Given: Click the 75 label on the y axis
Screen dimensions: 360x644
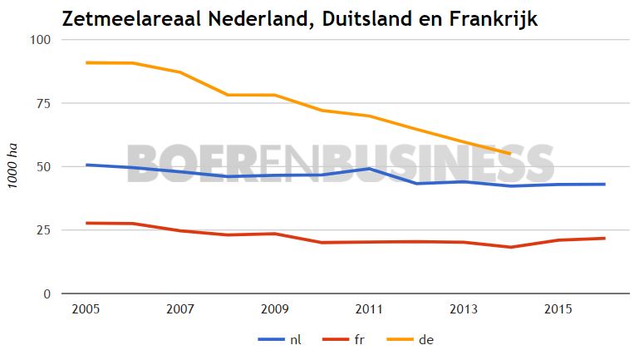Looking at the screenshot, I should (44, 103).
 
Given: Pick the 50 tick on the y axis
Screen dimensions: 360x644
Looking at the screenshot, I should (44, 166).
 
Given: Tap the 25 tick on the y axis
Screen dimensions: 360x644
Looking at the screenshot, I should (44, 230).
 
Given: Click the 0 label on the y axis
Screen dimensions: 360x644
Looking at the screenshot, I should (48, 293).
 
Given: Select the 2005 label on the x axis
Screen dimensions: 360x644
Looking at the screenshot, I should (86, 309).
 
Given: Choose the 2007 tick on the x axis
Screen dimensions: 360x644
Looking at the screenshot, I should (180, 309).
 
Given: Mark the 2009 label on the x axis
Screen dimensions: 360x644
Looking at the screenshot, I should (274, 309).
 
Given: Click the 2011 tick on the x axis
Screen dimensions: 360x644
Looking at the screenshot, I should (369, 309).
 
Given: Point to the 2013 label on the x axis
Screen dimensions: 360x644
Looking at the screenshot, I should (463, 309).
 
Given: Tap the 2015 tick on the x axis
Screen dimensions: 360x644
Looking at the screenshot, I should (557, 309).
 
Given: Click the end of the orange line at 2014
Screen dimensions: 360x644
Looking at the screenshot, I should (510, 154).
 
